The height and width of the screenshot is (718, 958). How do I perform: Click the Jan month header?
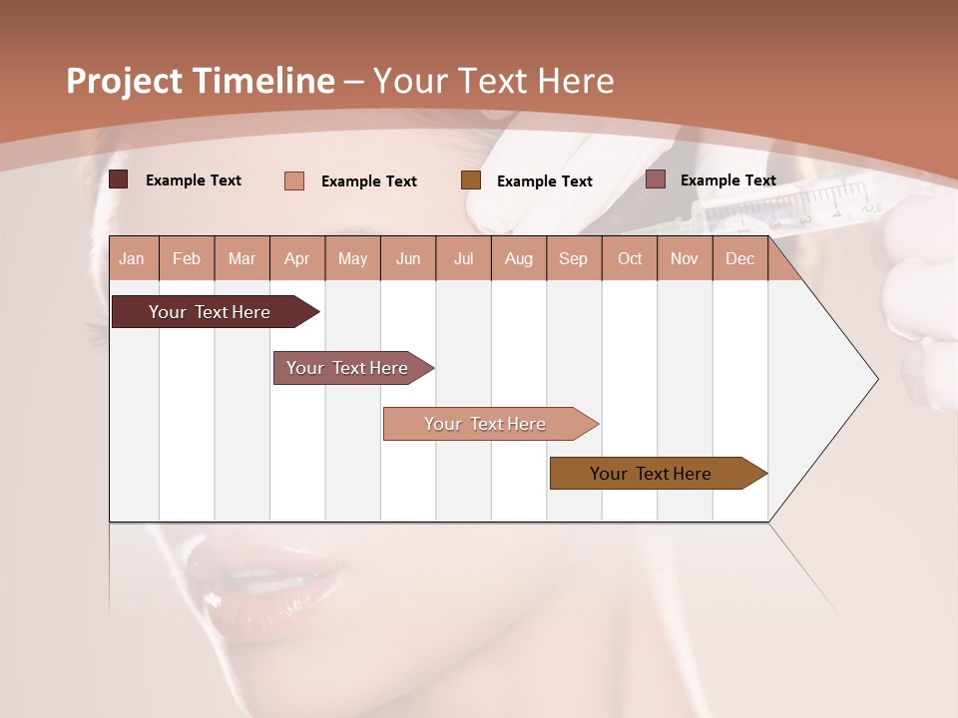point(132,258)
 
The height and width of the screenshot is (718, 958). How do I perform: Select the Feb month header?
point(187,258)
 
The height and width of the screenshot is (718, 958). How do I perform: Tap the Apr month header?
point(296,258)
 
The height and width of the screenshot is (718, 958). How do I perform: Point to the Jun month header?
point(408,258)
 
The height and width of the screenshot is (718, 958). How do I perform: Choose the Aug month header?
point(518,258)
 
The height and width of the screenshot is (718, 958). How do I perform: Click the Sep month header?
point(573,258)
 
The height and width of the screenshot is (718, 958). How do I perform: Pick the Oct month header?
point(630,258)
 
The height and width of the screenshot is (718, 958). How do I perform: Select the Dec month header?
point(739,258)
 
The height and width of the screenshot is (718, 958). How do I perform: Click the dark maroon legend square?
point(119,179)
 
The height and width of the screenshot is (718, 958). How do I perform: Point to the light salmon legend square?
point(294,180)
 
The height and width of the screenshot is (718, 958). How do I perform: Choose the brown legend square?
point(471,180)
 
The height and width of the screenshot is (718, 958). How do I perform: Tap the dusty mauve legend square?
point(656,179)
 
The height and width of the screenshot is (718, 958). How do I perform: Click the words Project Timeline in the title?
point(200,81)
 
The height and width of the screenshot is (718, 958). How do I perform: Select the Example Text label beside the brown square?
point(544,181)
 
